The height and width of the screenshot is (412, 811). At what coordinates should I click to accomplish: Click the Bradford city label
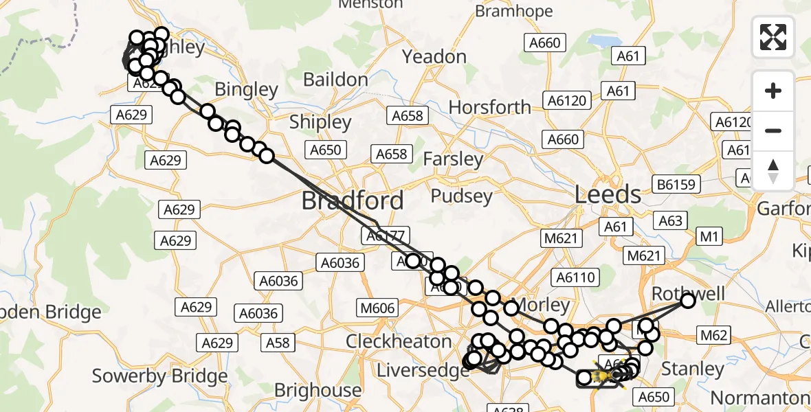[353, 201]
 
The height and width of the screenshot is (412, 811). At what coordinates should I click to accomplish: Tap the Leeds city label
[608, 194]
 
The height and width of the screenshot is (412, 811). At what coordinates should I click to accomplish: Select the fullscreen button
[773, 37]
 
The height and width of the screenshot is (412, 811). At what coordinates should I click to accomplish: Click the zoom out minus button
[773, 130]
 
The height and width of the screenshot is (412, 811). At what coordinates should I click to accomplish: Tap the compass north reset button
[773, 170]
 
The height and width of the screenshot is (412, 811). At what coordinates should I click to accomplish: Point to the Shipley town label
[320, 122]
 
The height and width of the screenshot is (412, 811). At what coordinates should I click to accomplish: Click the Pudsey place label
[461, 196]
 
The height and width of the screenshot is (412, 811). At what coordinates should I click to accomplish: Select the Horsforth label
[489, 107]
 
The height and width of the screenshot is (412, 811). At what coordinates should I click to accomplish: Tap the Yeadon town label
[434, 56]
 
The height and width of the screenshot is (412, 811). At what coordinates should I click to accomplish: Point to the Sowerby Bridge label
[159, 376]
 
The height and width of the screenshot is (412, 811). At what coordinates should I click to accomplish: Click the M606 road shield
[377, 308]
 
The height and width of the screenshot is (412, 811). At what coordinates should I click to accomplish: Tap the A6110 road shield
[577, 277]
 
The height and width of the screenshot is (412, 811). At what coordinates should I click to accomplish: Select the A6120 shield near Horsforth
[568, 101]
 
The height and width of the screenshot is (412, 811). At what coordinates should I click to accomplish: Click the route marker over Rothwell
[687, 300]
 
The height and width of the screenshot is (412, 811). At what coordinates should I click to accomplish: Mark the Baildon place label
[335, 80]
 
